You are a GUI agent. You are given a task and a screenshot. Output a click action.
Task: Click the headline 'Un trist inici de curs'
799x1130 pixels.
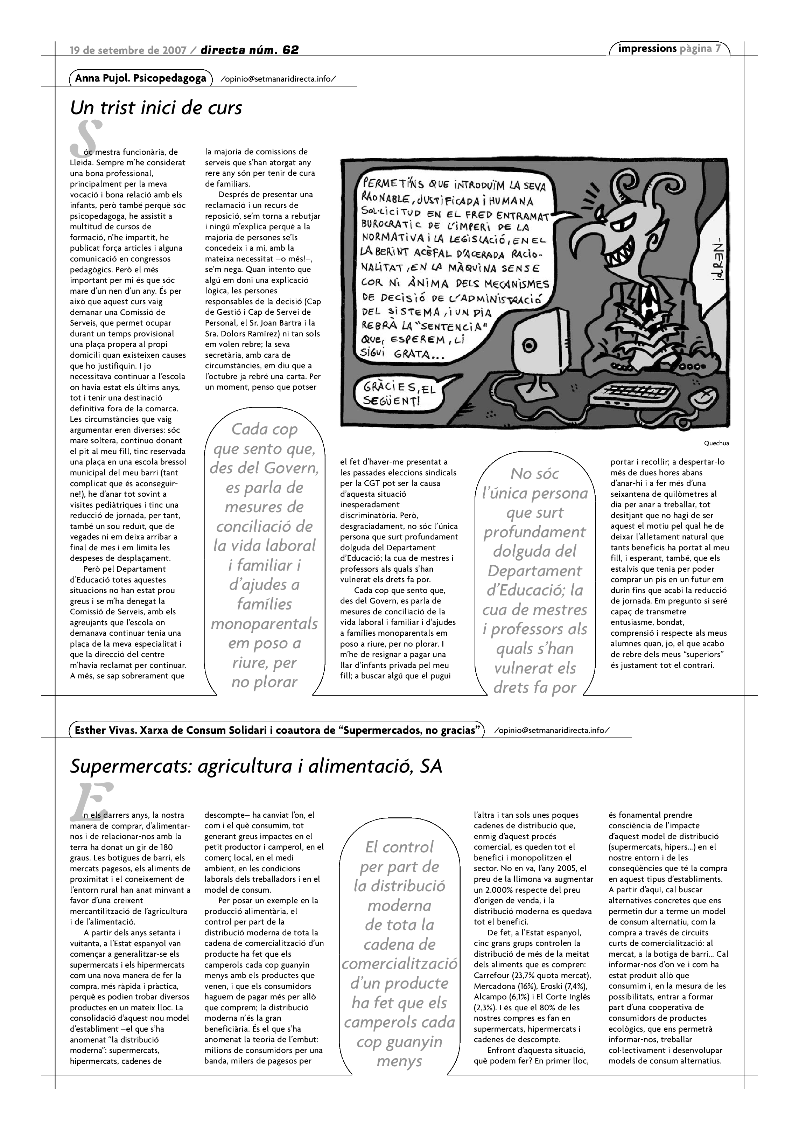(x=156, y=108)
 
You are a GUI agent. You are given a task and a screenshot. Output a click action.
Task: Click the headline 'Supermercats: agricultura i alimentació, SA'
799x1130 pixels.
(x=256, y=766)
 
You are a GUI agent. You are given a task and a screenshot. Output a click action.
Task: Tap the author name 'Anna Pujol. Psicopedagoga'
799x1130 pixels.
(x=140, y=79)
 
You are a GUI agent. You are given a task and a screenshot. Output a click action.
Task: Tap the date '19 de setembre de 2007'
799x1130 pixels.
(x=128, y=50)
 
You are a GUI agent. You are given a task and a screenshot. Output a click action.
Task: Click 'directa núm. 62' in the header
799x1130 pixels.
(x=250, y=50)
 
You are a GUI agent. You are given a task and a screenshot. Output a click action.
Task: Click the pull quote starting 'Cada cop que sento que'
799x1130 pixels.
(x=264, y=555)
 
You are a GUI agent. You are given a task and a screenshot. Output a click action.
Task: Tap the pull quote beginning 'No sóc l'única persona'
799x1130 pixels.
(x=534, y=580)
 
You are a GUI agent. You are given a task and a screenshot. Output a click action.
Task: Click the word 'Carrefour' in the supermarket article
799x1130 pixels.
(x=490, y=976)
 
